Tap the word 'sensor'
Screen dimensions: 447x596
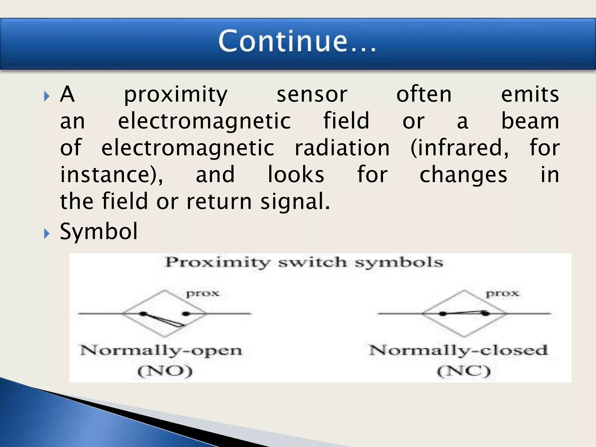coord(312,95)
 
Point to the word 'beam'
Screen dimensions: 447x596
coord(530,121)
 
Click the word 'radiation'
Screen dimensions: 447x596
coord(342,148)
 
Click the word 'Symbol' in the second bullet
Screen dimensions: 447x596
coord(99,231)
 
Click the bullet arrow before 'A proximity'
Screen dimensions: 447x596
coord(47,96)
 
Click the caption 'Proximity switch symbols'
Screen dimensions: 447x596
coord(304,263)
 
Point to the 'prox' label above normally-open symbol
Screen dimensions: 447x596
coord(203,293)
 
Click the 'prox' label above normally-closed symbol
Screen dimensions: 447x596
coord(502,293)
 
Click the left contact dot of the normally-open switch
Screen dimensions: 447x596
coord(143,314)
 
